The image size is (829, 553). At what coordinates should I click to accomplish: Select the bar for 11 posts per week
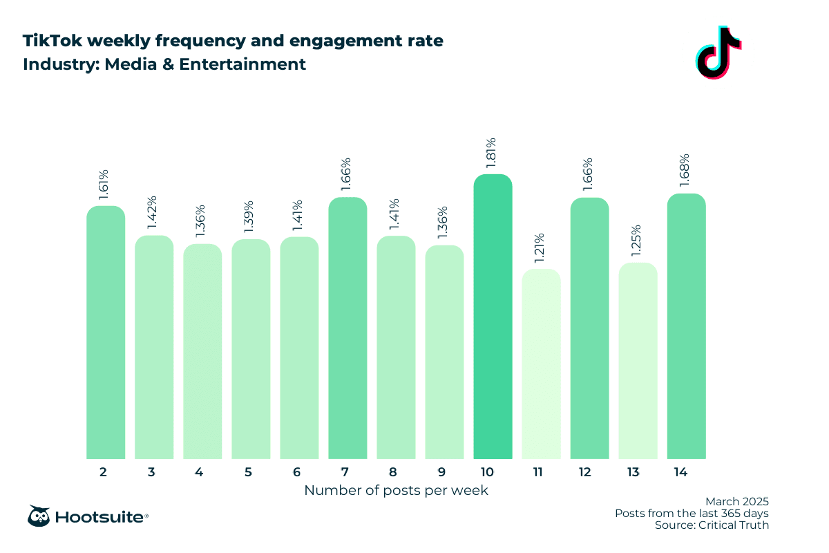(x=541, y=364)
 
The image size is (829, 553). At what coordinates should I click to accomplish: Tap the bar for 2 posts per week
(x=106, y=332)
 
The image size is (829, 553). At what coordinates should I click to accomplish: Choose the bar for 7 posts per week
(x=347, y=328)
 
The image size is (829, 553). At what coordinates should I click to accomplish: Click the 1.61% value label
(x=106, y=185)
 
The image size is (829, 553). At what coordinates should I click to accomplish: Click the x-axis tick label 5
(x=248, y=472)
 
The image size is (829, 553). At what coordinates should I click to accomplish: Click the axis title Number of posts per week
(x=396, y=491)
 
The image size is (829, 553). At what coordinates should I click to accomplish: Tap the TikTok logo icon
(x=718, y=53)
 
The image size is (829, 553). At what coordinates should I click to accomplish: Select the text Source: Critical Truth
(x=712, y=525)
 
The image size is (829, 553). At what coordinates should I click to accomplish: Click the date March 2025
(x=736, y=501)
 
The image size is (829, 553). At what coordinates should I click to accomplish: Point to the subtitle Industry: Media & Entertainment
(x=164, y=65)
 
